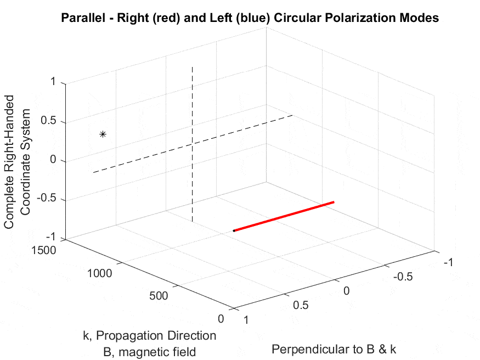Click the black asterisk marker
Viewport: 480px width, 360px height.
point(103,134)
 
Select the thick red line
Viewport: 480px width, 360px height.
point(284,216)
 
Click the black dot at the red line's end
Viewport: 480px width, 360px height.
point(234,230)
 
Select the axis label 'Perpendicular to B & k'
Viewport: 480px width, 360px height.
point(334,349)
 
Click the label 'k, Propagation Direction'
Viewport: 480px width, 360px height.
point(149,335)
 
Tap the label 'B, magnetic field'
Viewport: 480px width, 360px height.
point(149,352)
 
